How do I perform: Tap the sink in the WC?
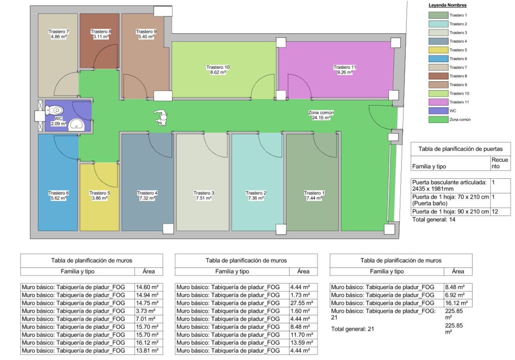click(77, 124)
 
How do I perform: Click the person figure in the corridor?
click(162, 118)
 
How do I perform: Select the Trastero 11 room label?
click(345, 67)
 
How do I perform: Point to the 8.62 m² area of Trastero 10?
click(218, 72)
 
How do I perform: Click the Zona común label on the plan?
click(321, 112)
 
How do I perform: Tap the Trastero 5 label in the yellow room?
click(100, 193)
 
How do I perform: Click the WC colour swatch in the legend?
click(438, 111)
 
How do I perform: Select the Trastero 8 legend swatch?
click(438, 76)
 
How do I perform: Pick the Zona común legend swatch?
click(438, 120)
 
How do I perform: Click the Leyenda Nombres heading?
click(447, 5)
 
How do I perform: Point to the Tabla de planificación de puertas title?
click(460, 149)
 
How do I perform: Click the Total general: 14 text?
click(434, 220)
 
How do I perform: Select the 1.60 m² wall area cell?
click(300, 311)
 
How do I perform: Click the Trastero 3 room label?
click(204, 193)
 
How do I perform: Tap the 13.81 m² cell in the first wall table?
click(147, 350)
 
